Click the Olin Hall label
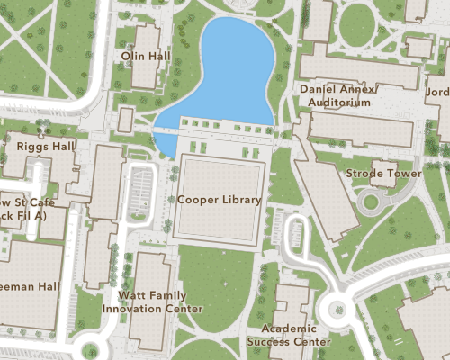coord(146,56)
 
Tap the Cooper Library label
coord(220,200)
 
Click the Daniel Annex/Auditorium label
coord(339,96)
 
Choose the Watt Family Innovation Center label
coord(152,301)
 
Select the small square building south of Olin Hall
coord(125,120)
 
